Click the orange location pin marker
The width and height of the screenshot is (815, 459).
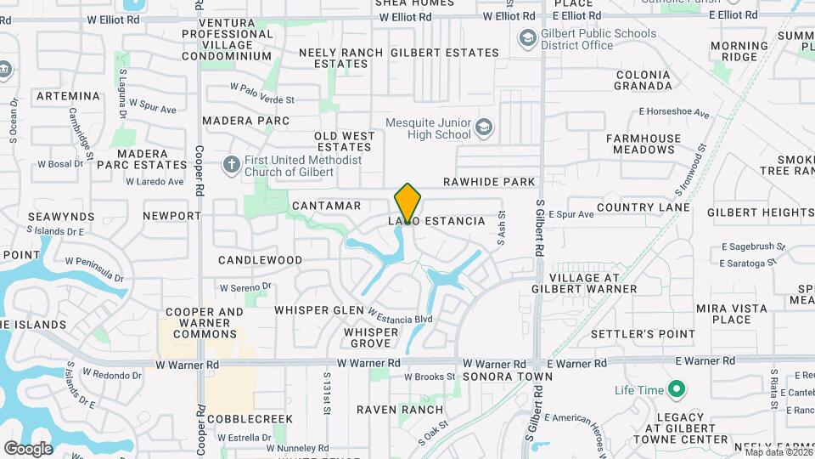tap(407, 203)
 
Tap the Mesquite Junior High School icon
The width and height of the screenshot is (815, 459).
tap(483, 127)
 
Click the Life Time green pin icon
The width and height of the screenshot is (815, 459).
tap(676, 390)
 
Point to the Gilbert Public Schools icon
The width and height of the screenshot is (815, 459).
tap(527, 38)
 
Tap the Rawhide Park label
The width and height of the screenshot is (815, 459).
tap(489, 182)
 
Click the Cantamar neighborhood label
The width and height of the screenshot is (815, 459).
tap(326, 206)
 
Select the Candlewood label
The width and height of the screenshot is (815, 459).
tap(260, 259)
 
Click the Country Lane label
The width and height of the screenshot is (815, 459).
tap(644, 207)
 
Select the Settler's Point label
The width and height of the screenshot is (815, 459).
tap(643, 334)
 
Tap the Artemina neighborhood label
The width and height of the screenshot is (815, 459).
tap(68, 97)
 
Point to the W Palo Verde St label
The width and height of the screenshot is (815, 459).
tap(261, 93)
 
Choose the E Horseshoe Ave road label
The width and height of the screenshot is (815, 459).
tap(674, 112)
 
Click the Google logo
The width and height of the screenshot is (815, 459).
tap(28, 448)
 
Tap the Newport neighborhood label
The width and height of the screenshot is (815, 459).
tap(171, 216)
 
